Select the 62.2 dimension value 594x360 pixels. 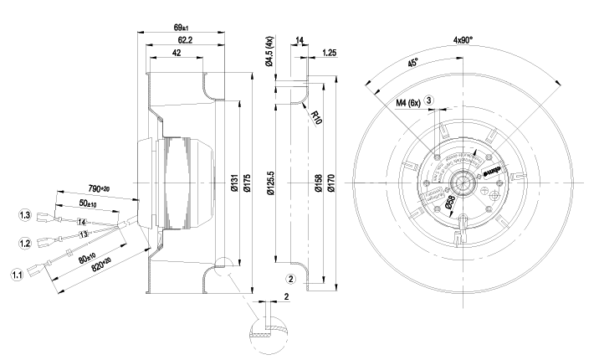[x=187, y=40]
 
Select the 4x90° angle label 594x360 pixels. [x=465, y=39]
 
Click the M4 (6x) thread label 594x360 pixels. [x=408, y=102]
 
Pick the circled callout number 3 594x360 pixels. [x=429, y=100]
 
